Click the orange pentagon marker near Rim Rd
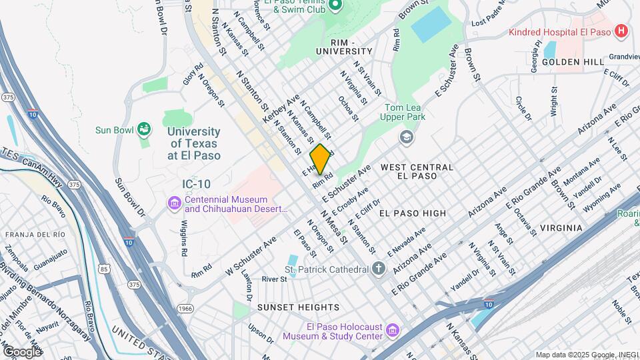[x=321, y=160]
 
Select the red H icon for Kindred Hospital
[x=621, y=31]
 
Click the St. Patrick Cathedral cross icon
[x=379, y=269]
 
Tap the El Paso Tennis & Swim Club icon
[x=335, y=6]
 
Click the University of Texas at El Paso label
[x=193, y=144]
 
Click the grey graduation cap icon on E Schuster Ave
[x=405, y=137]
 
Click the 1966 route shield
[x=186, y=308]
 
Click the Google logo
[x=22, y=351]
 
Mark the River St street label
[x=273, y=279]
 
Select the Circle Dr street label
[x=523, y=109]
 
